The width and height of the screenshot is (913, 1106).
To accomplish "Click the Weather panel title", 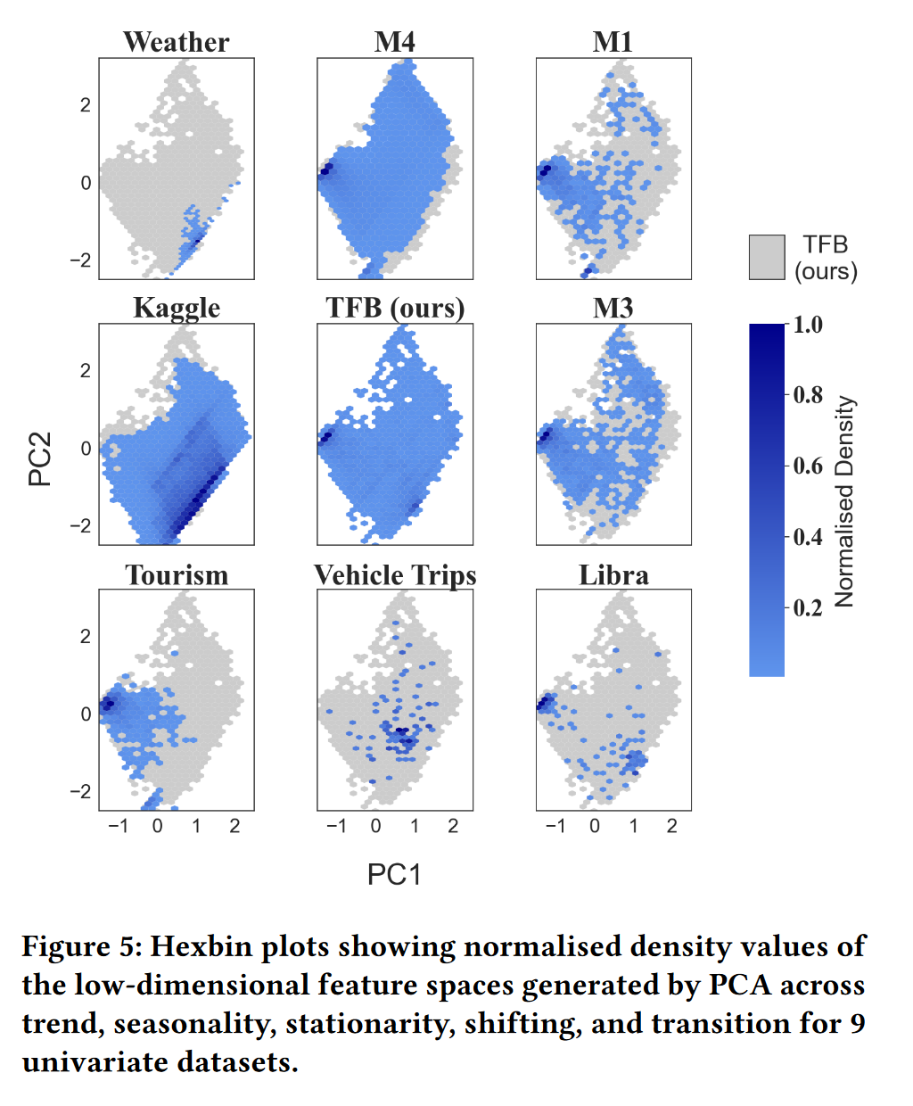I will pos(177,42).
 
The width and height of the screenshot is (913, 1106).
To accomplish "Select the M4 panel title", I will pos(394,42).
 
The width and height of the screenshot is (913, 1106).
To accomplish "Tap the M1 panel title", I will pos(613,42).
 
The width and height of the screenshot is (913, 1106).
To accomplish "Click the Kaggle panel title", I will pos(177,308).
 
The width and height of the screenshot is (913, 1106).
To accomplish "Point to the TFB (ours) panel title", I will pos(395,308).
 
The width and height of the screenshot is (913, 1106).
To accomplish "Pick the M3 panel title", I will pos(613,308).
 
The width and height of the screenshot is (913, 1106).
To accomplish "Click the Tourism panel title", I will pos(177,574).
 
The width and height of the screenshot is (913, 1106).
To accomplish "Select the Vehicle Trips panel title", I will pos(395,575).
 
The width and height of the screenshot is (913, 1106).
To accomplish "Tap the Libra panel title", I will pos(613,574).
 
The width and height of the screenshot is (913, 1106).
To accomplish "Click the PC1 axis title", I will pos(394,874).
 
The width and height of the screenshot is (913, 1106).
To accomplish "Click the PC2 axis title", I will pos(40,458).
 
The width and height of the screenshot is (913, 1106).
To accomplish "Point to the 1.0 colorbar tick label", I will pos(808,325).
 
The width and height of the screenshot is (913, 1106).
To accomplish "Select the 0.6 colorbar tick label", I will pos(808,466).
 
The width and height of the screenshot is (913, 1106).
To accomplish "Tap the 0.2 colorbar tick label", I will pos(808,608).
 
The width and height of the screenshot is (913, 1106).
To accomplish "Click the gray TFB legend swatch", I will pos(767,257).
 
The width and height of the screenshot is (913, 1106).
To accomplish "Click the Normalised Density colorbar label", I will pos(844,501).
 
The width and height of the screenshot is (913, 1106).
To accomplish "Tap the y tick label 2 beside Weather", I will pos(86,105).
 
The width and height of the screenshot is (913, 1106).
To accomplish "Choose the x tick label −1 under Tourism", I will pos(118,826).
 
